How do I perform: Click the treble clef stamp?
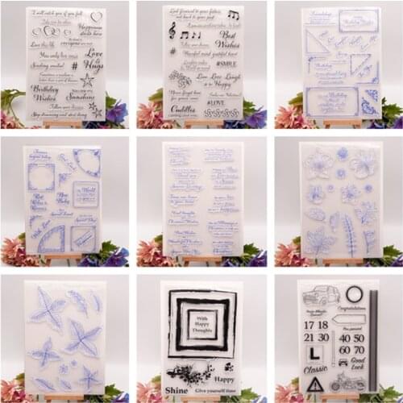172,29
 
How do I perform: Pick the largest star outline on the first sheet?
86,80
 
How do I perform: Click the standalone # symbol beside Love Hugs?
74,67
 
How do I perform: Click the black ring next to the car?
354,293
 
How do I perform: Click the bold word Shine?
176,390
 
